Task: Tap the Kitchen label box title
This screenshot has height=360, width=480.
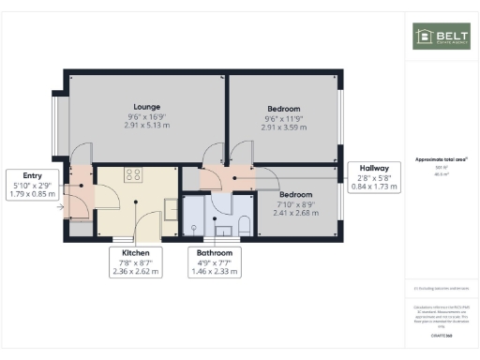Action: [x=136, y=252]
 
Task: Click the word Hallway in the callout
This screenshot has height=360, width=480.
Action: [x=373, y=169]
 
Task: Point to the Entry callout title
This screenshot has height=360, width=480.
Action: [x=33, y=175]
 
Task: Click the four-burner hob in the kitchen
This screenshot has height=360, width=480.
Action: [x=132, y=174]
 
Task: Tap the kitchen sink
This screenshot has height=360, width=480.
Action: [x=171, y=206]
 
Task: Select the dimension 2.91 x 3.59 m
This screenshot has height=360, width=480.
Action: [x=284, y=127]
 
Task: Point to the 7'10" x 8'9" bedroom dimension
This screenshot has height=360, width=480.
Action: [x=283, y=205]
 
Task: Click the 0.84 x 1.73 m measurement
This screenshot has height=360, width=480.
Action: [x=373, y=187]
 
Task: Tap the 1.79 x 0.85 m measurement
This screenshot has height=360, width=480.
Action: [x=33, y=194]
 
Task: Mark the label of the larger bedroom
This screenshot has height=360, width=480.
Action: [x=284, y=109]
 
